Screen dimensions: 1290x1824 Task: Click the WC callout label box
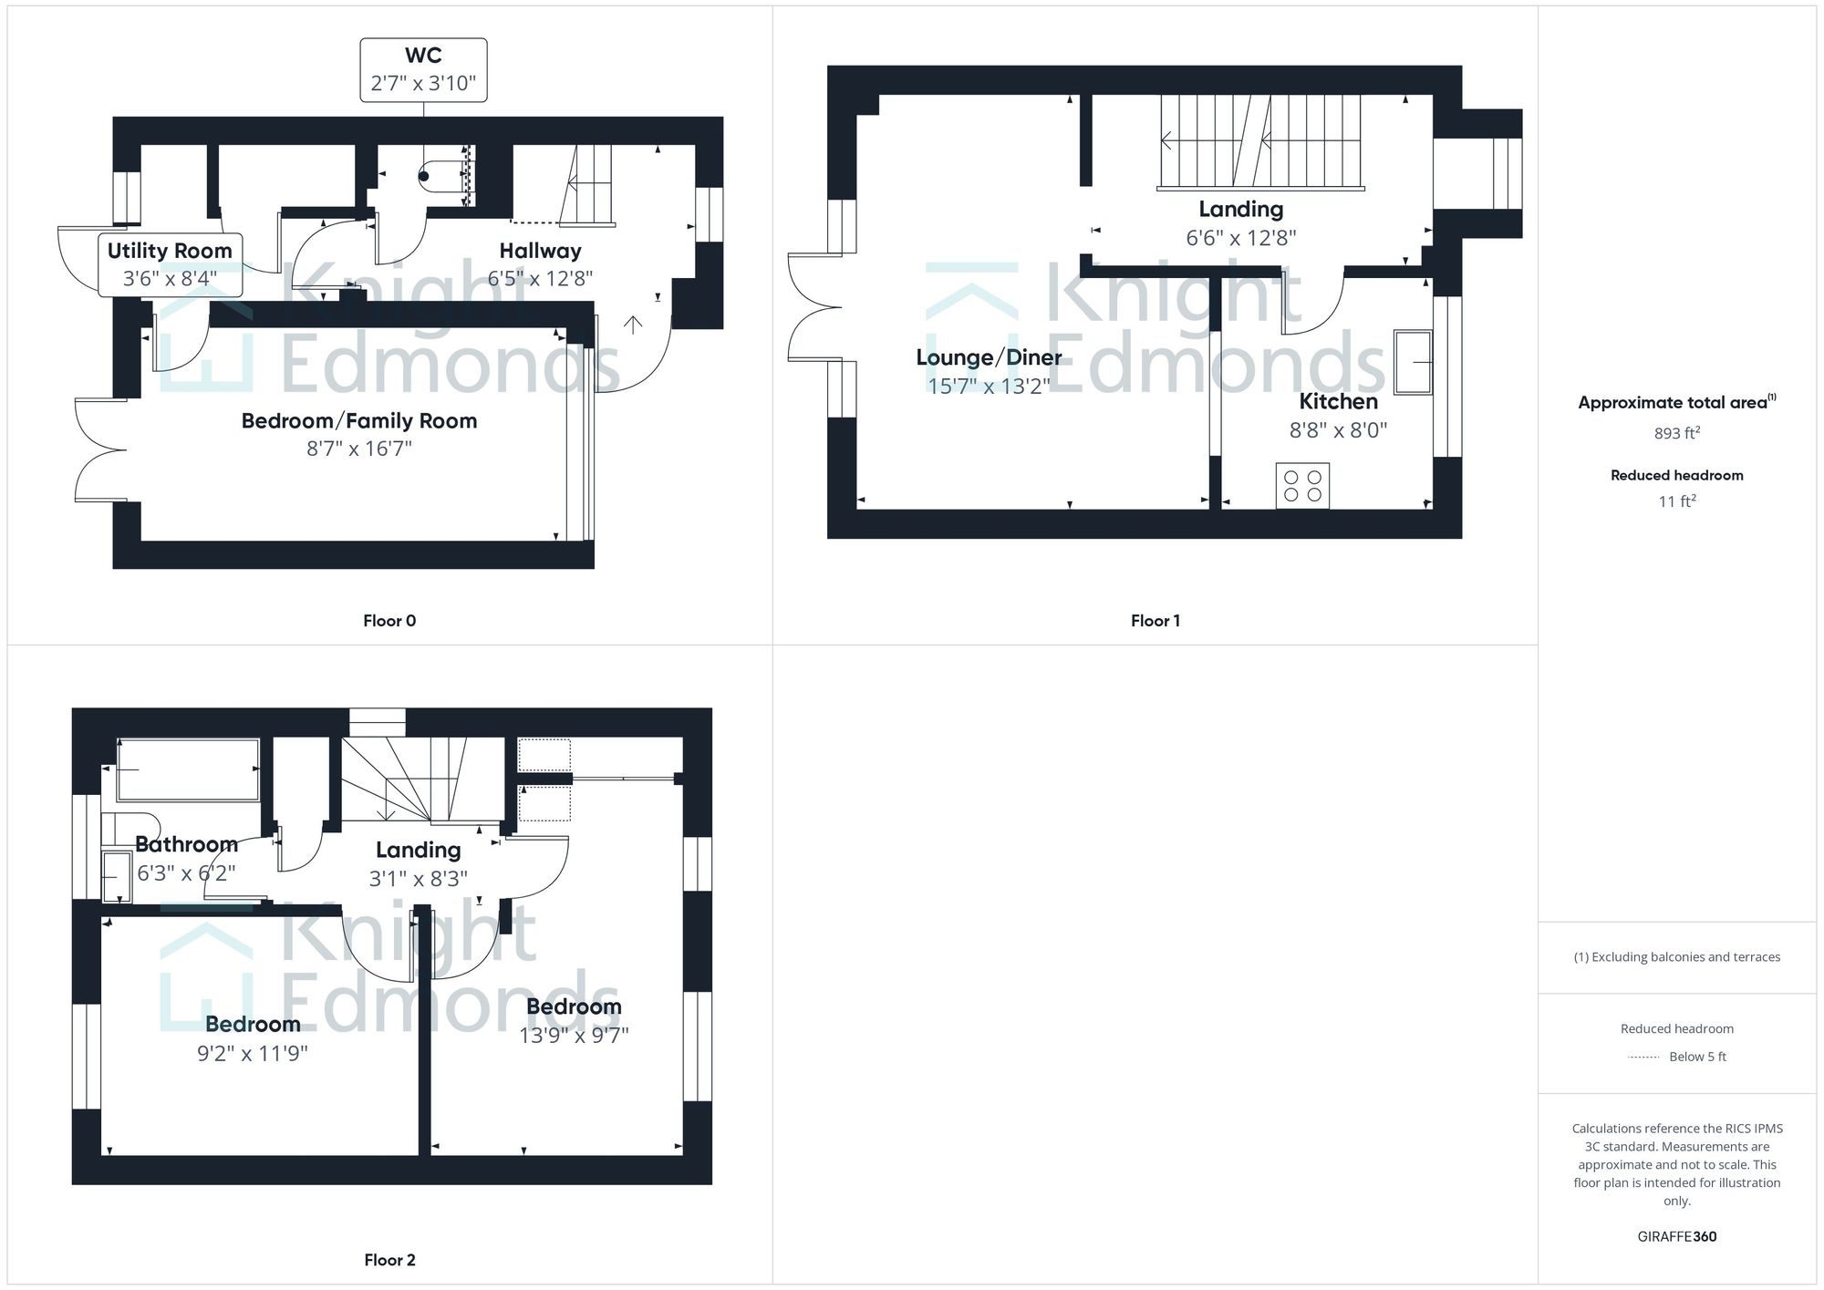(x=423, y=69)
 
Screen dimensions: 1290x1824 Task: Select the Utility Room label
(x=170, y=251)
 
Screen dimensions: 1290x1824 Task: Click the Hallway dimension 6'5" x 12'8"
(x=540, y=278)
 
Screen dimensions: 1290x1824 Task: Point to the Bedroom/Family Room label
(x=359, y=421)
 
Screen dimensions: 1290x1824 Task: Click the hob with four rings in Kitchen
(x=1302, y=486)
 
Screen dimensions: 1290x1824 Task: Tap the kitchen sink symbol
(x=1413, y=362)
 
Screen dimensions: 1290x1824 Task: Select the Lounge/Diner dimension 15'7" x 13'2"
(x=989, y=386)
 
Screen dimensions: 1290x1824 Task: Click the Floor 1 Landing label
(x=1240, y=210)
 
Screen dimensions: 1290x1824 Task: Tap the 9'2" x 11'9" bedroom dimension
(x=253, y=1053)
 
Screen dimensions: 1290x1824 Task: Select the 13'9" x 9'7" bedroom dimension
(x=574, y=1035)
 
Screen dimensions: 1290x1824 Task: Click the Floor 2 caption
(x=389, y=1260)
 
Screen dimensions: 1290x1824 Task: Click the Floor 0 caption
(x=389, y=621)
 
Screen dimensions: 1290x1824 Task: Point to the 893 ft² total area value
(x=1676, y=433)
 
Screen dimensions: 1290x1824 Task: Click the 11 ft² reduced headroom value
(x=1676, y=501)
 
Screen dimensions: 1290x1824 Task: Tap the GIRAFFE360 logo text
(x=1676, y=1236)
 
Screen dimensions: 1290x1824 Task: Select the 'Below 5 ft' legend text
(x=1697, y=1057)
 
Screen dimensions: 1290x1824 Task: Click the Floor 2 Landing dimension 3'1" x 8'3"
(x=418, y=878)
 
